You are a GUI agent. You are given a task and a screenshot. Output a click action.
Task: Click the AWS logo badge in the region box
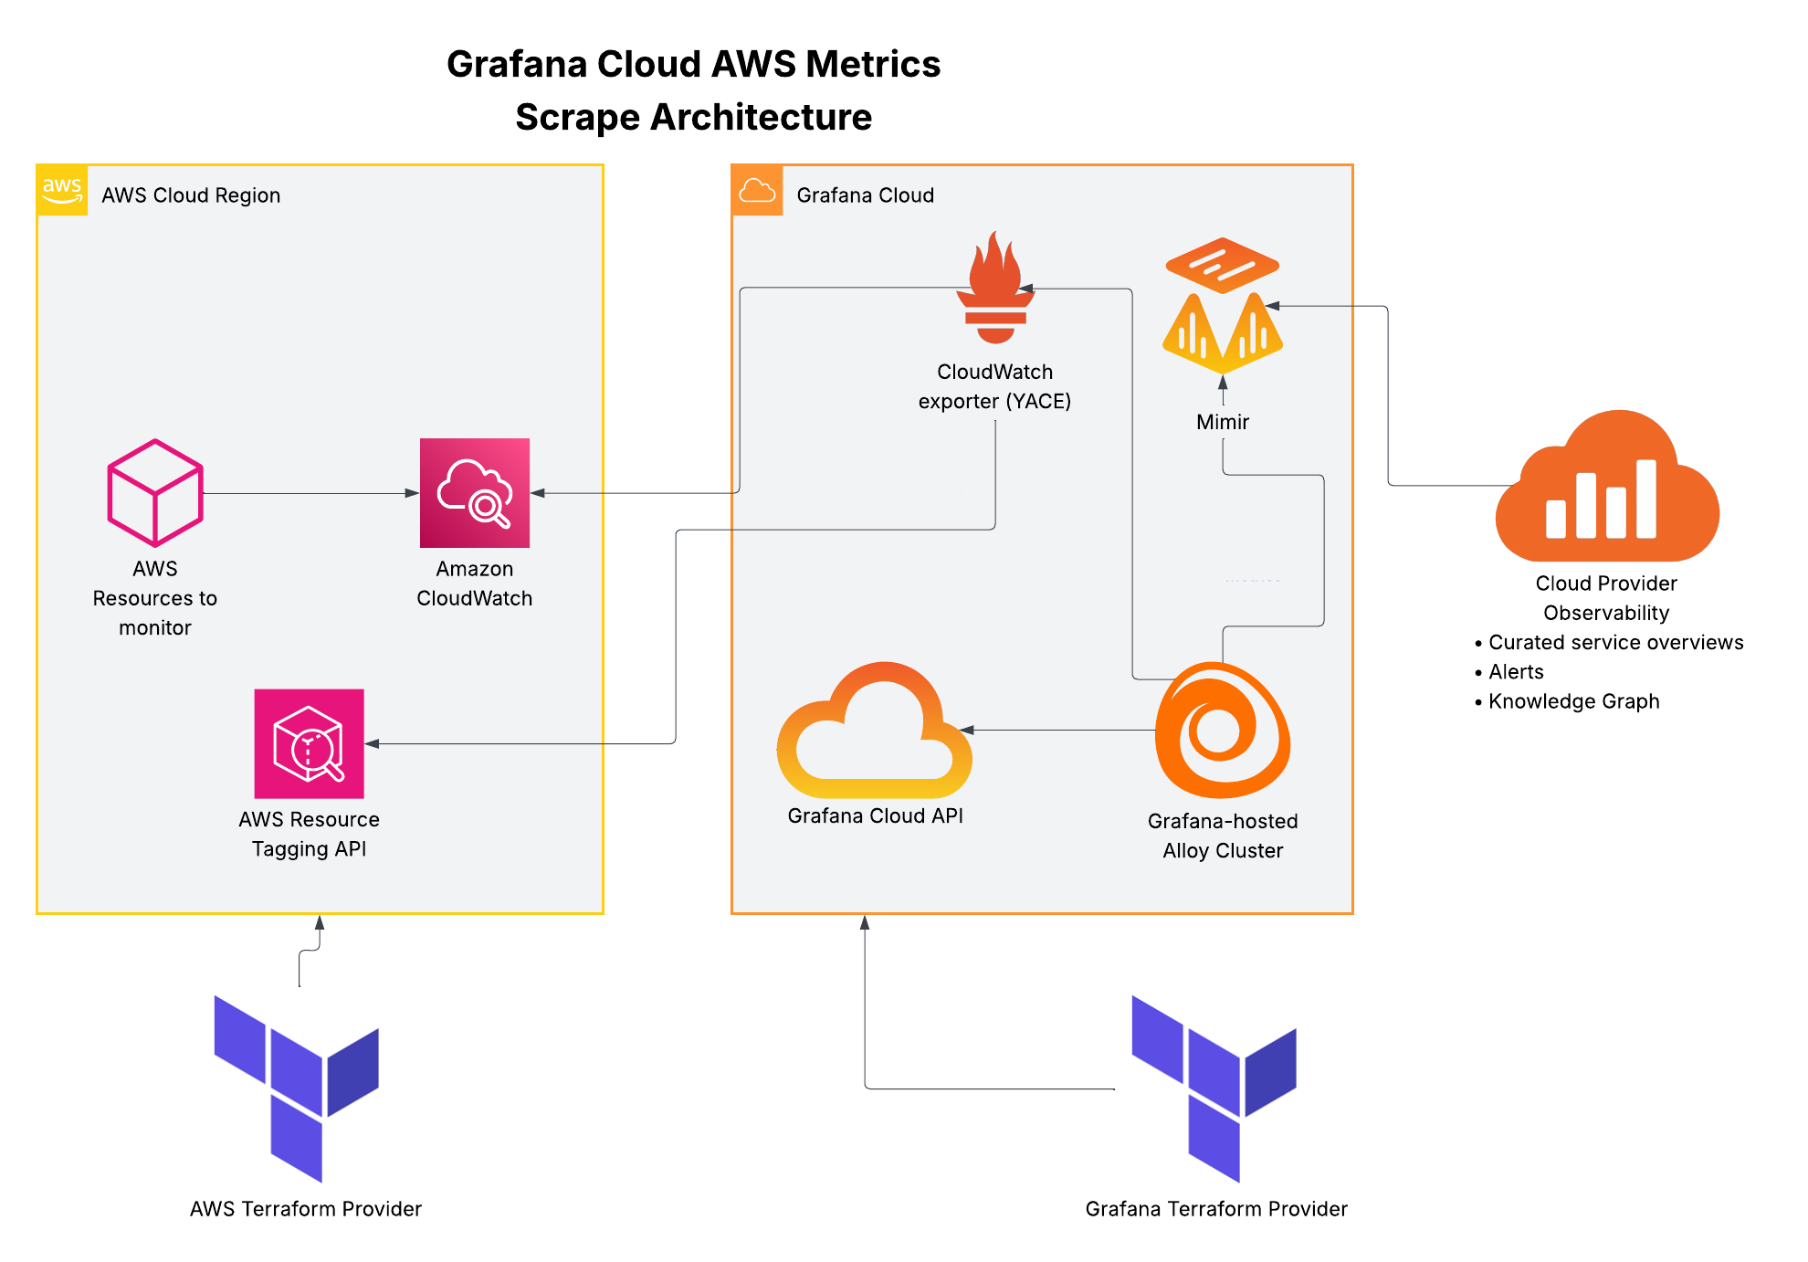tap(62, 190)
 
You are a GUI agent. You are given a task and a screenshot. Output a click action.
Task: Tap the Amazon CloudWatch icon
tap(474, 493)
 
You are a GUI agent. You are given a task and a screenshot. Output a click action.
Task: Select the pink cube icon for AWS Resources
tap(155, 493)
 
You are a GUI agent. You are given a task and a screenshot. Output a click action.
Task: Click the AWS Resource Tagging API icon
tap(309, 743)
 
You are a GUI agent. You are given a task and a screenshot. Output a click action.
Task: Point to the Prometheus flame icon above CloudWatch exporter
tap(995, 287)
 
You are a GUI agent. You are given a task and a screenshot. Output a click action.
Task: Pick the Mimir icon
tap(1222, 305)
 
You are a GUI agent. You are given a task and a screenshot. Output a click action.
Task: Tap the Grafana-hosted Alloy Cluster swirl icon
tap(1222, 731)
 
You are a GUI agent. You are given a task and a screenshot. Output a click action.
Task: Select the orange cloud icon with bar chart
tap(1607, 489)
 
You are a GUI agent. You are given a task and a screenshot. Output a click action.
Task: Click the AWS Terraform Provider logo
tap(297, 1087)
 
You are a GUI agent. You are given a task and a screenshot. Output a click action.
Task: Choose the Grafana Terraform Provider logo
tap(1214, 1087)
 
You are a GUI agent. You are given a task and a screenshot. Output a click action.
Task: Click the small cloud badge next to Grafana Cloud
tap(757, 190)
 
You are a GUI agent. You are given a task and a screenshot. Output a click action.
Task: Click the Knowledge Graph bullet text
tap(1573, 701)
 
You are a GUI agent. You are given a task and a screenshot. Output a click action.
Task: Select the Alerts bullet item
tap(1516, 672)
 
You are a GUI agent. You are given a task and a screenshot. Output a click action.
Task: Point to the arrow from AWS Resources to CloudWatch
tap(310, 493)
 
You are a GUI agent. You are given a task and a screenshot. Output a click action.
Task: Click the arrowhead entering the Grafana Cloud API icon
tap(967, 730)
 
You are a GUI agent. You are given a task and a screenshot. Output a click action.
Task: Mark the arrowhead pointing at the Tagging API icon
tap(373, 743)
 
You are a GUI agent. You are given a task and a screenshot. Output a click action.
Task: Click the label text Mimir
tap(1222, 422)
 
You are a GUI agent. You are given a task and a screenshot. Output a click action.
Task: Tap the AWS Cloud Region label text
tap(191, 195)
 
